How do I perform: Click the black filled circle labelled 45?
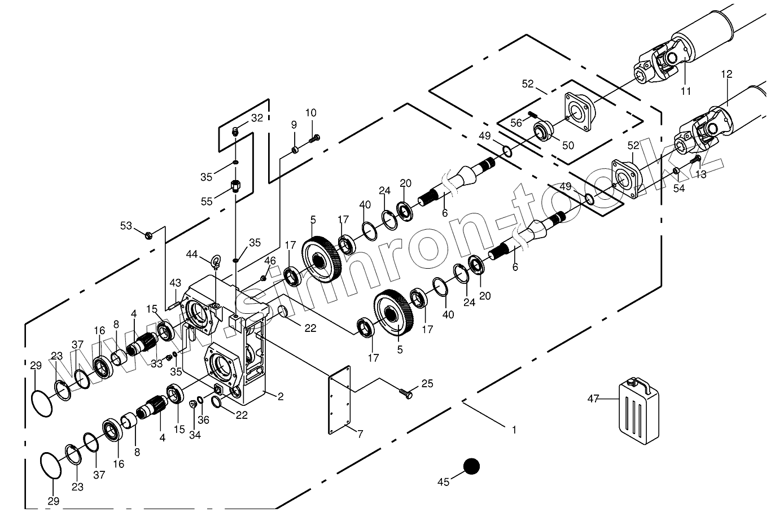471,466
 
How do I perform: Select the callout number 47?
593,399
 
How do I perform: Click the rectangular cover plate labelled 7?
340,400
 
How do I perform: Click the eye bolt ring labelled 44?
216,261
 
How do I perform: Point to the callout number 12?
726,74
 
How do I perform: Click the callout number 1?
514,430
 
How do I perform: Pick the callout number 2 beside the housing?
280,396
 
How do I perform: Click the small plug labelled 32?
237,132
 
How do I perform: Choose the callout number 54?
679,189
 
